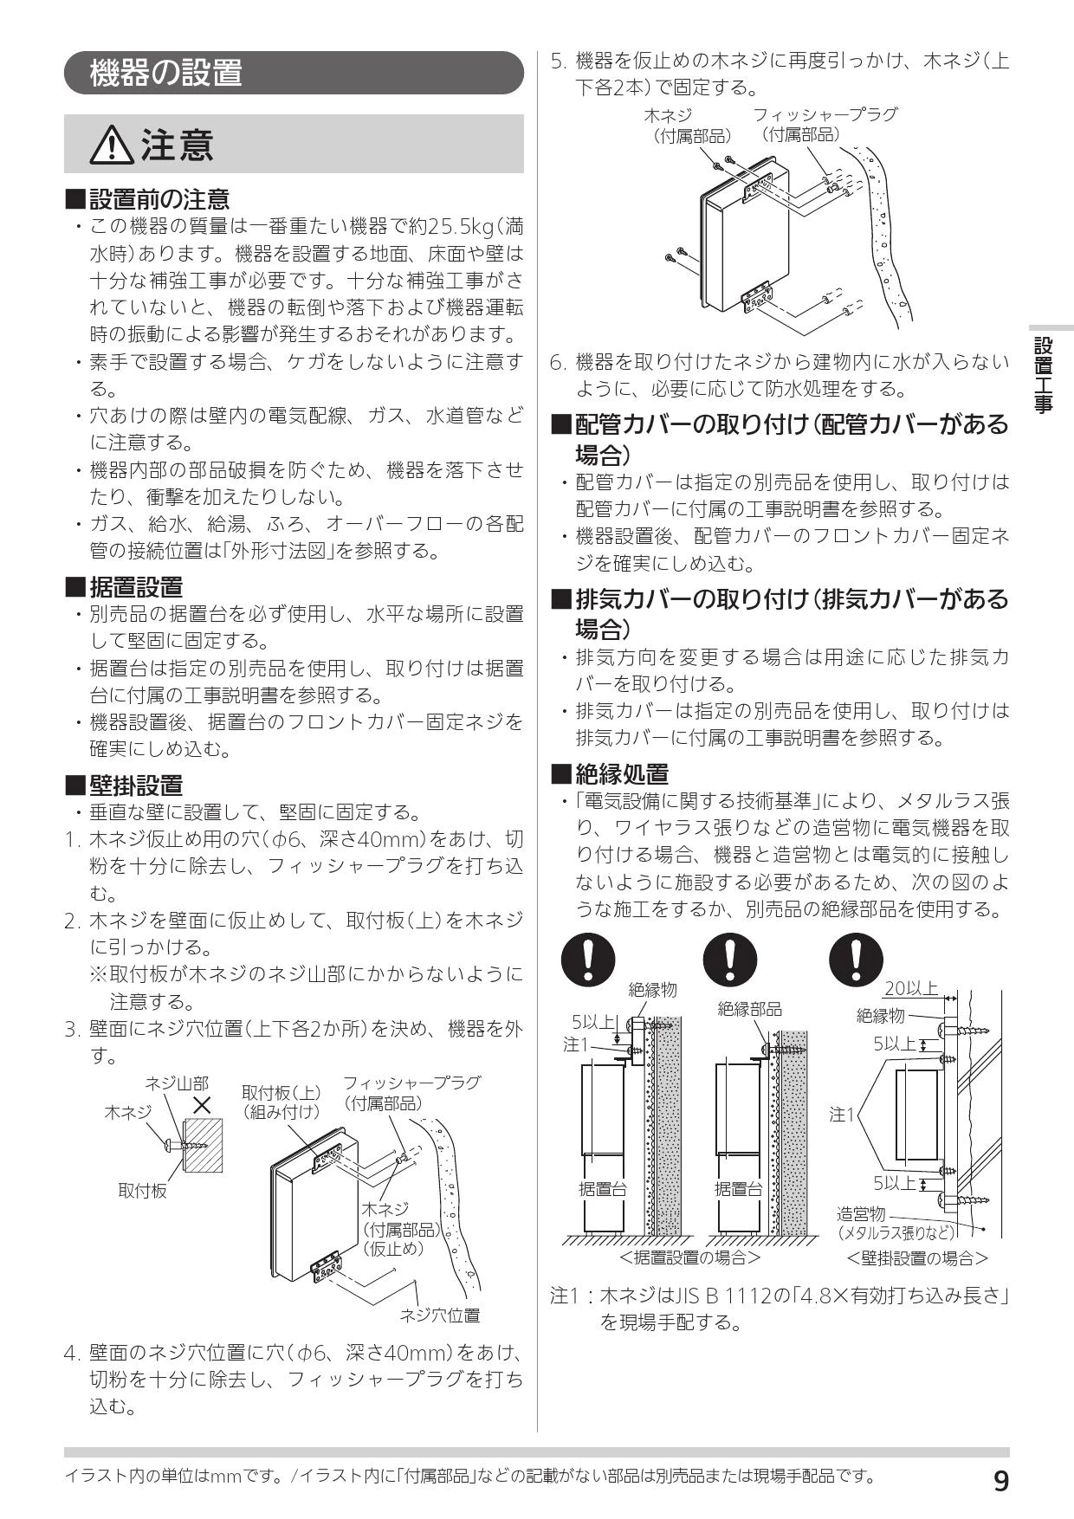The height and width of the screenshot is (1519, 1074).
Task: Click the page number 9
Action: (1000, 1482)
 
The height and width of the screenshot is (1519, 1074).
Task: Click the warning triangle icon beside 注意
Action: (113, 145)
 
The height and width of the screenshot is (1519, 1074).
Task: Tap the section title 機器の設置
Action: (166, 73)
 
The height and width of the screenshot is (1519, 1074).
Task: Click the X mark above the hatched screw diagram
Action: (202, 1105)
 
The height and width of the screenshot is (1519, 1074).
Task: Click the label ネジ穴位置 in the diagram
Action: (439, 1315)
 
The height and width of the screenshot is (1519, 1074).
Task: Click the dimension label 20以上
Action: (911, 988)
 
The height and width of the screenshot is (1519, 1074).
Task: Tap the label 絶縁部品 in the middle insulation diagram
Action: (750, 1009)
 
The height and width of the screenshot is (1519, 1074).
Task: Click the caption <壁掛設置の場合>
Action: (917, 1257)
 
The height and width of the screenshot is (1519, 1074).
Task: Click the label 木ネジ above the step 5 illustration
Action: (668, 114)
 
